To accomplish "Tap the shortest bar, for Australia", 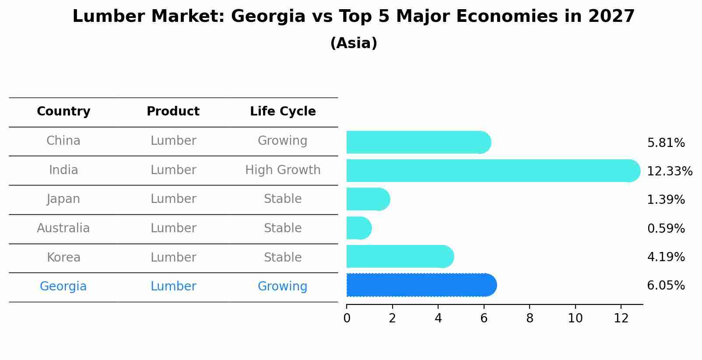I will click(358, 228).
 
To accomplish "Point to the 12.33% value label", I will click(669, 171).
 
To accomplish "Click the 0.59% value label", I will click(666, 228).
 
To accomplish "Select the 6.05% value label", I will click(666, 286).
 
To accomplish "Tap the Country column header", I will click(63, 112).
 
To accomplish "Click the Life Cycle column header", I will click(283, 112).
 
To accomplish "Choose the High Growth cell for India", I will click(283, 170).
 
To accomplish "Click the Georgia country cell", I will click(63, 287).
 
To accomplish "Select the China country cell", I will click(63, 141).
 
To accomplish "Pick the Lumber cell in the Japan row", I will click(173, 199).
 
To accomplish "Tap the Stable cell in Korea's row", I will click(283, 257).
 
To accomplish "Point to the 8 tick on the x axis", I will click(530, 318).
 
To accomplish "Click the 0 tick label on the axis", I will click(347, 318).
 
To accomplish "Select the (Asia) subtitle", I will click(354, 43).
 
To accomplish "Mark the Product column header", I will click(173, 112).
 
